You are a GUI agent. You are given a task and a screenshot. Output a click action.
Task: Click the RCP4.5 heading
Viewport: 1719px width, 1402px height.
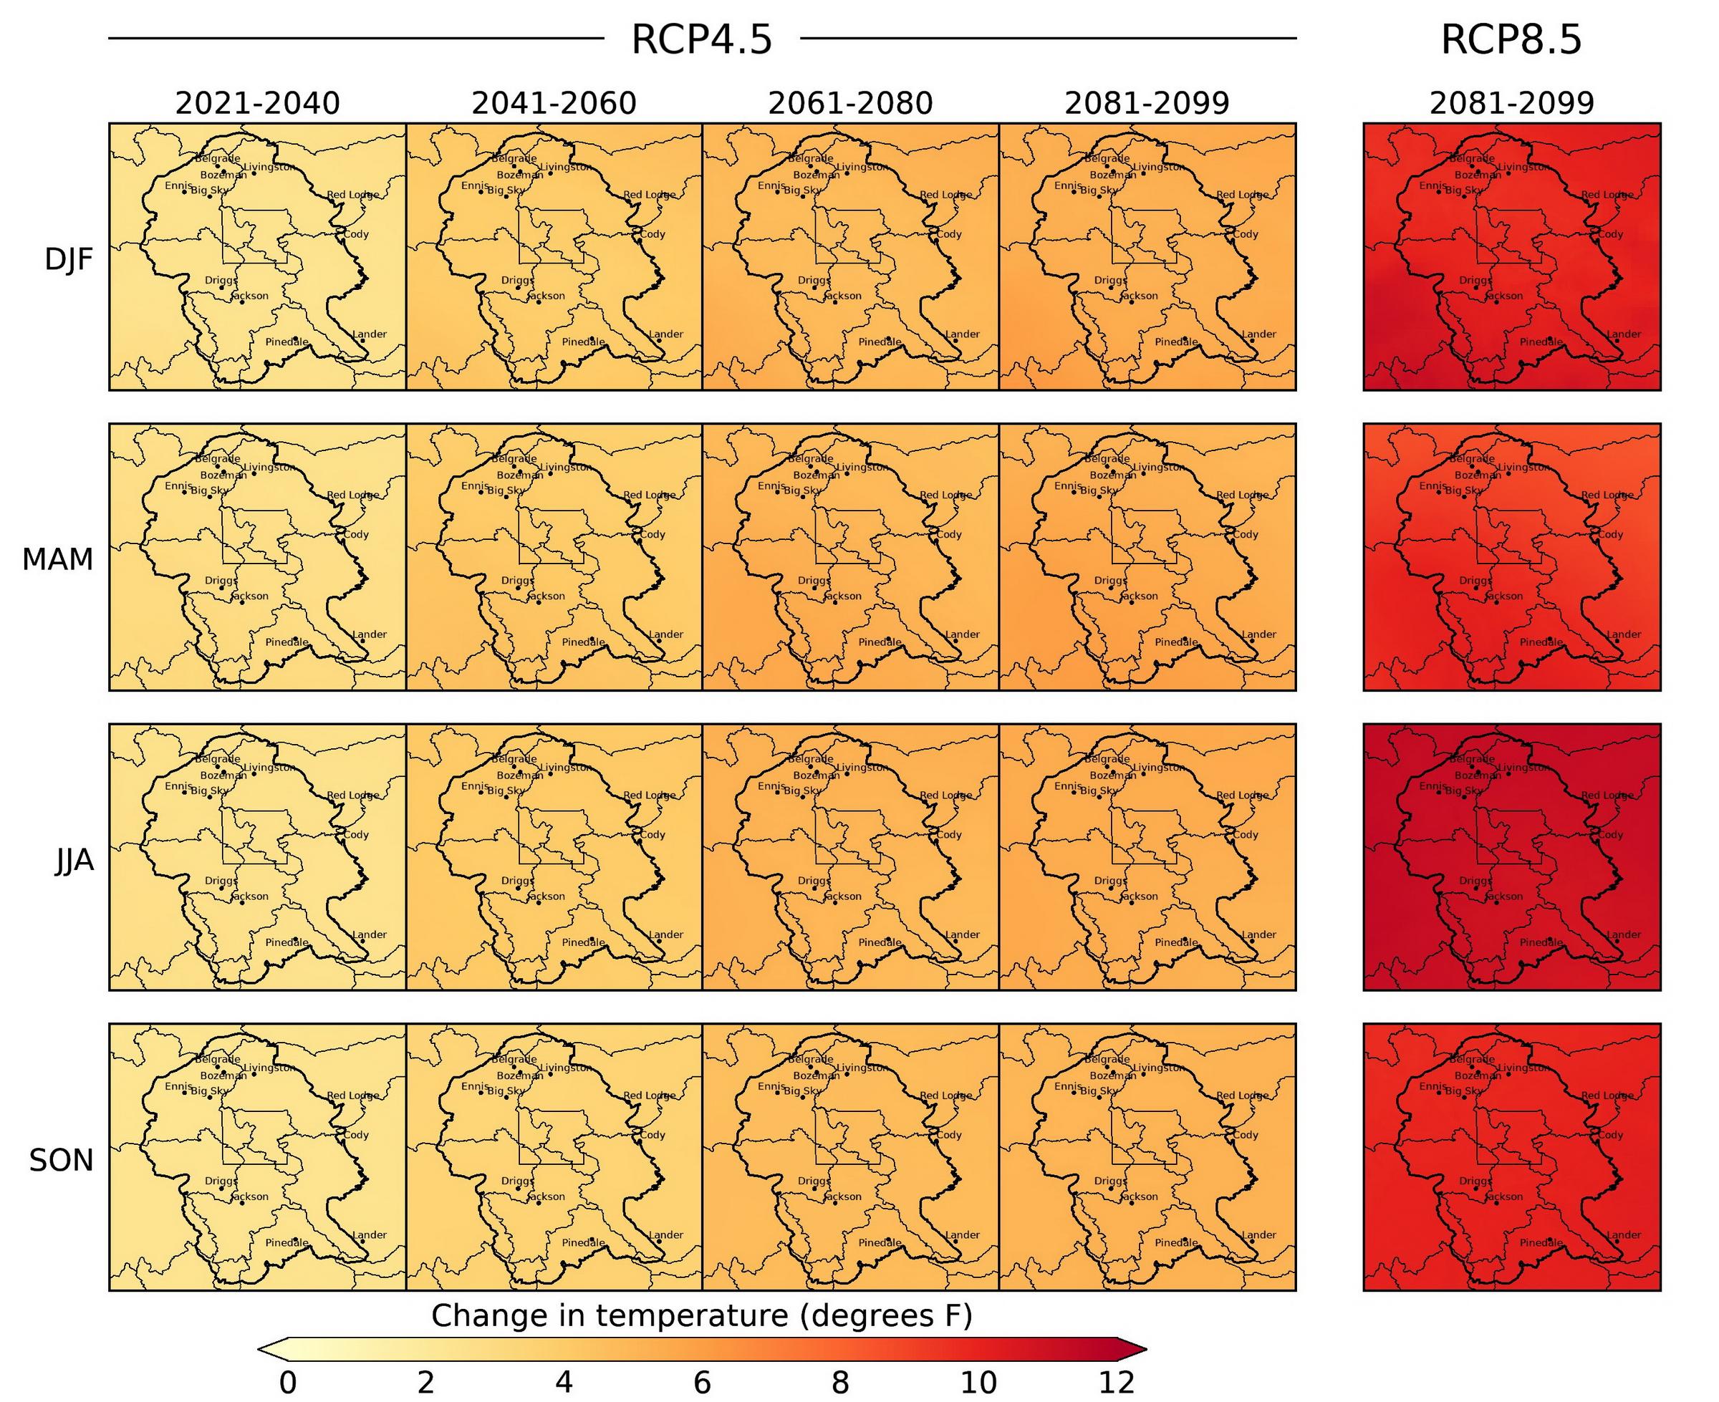click(701, 39)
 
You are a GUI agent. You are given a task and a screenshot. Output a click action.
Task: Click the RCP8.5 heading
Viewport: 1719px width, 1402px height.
click(1511, 39)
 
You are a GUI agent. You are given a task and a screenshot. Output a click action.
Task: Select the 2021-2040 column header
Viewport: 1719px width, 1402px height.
click(257, 103)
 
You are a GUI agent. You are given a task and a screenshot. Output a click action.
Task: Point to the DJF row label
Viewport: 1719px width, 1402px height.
click(69, 259)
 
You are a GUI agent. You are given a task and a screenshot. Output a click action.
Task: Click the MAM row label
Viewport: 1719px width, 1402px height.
click(57, 559)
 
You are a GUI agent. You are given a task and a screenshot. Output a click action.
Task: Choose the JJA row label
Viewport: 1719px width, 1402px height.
click(74, 860)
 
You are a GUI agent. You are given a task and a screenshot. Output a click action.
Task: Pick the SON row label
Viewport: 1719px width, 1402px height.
click(62, 1161)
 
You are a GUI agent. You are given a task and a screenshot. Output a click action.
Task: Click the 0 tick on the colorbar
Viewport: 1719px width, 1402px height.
click(288, 1383)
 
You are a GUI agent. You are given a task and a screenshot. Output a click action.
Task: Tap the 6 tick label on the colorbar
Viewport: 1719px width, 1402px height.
click(702, 1383)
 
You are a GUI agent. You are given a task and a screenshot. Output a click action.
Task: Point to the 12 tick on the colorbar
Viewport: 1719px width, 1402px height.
click(1117, 1383)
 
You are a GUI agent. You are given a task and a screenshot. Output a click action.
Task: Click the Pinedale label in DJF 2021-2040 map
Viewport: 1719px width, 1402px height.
click(286, 342)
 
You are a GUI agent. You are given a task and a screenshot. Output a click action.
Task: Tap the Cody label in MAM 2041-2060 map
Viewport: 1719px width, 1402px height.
click(653, 535)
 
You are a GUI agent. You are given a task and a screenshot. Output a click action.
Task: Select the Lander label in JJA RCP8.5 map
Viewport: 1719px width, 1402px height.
click(1624, 935)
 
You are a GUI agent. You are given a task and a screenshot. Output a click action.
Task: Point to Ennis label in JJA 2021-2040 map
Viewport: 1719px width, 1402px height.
click(178, 785)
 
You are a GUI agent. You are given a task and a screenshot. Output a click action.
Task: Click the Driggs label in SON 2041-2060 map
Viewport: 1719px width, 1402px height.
click(518, 1181)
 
